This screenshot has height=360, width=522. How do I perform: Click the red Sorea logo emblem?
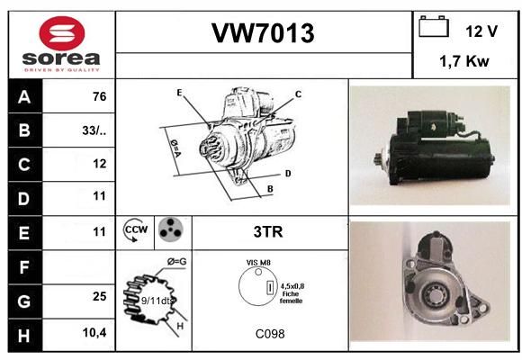[x=62, y=33]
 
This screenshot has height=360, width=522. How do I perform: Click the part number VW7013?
[x=263, y=33]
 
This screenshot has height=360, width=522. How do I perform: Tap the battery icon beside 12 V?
[x=434, y=26]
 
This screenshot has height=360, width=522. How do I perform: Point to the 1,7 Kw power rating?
[x=464, y=61]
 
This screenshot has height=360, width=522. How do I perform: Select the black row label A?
[x=24, y=97]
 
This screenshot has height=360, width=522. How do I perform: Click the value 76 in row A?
[x=100, y=96]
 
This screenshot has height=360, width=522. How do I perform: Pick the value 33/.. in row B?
[x=94, y=130]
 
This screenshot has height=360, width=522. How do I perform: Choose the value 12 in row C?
[x=100, y=164]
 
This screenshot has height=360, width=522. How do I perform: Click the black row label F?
[x=24, y=267]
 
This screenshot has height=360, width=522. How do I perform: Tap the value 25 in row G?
[x=100, y=296]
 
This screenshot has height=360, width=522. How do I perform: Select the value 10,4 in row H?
[x=94, y=332]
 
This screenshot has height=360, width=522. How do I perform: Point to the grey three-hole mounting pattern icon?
[x=171, y=229]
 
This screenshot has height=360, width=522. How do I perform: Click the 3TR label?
[x=268, y=232]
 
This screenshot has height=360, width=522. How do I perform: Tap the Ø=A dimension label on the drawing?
[x=175, y=148]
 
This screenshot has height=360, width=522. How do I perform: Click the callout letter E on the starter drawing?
[x=179, y=93]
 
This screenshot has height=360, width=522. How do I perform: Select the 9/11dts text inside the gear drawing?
[x=156, y=301]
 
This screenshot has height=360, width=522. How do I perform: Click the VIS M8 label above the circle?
[x=258, y=263]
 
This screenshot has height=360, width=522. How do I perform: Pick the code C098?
[x=270, y=334]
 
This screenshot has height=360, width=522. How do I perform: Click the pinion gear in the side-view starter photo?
[x=379, y=159]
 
